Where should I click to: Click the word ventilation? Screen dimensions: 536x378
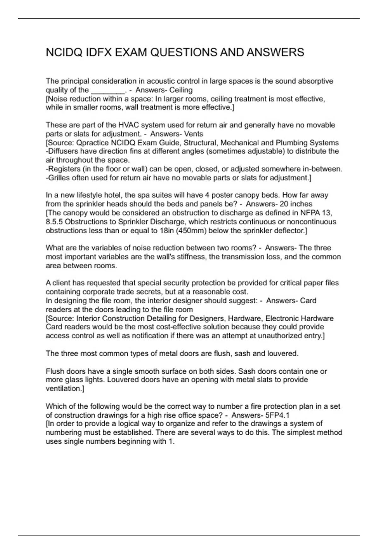point(64,389)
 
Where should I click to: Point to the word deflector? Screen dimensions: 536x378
point(290,230)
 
